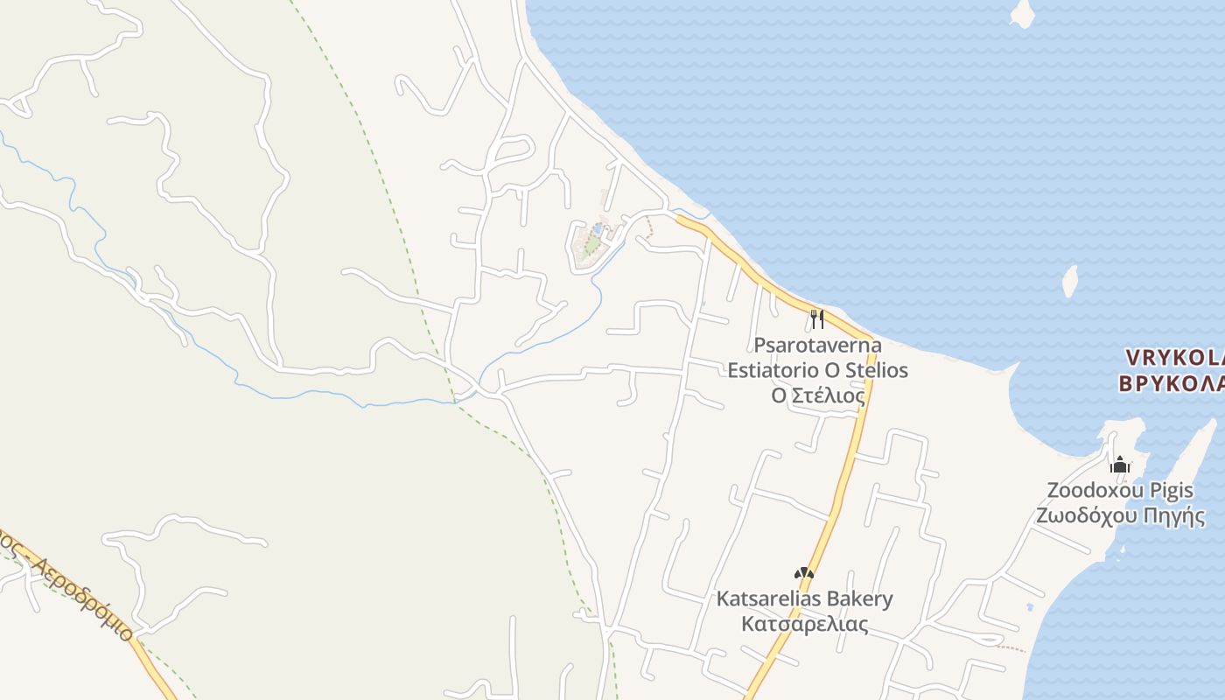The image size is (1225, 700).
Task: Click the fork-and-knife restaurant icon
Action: coord(817,318)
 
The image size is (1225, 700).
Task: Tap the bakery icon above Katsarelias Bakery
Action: coord(804,574)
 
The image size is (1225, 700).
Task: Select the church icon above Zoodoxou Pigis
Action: coord(1120,464)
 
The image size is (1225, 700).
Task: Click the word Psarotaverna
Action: coord(817,345)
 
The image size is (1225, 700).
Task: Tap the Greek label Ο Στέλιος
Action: coord(817,395)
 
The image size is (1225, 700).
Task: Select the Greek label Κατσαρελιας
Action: coord(804,624)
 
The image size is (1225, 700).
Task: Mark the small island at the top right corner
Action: coord(1021,13)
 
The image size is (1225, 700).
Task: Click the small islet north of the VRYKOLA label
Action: coord(1069,281)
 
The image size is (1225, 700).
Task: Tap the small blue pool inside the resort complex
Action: coord(597,229)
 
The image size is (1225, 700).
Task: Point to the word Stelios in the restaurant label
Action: coord(872,370)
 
